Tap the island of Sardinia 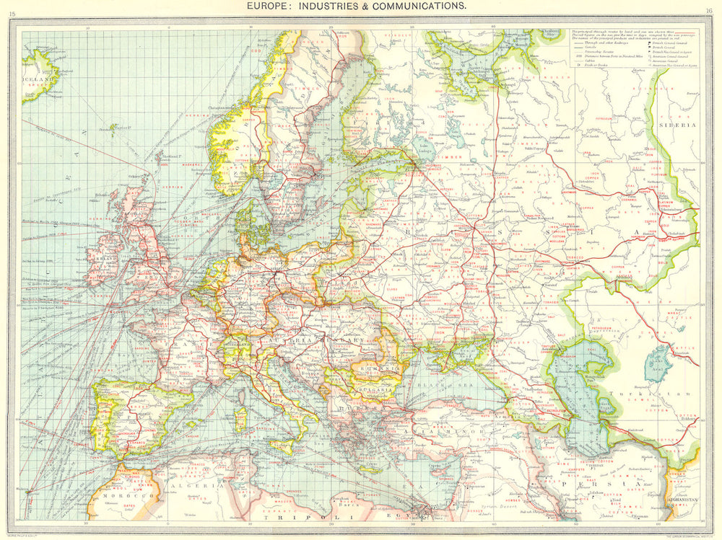coord(241,417)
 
